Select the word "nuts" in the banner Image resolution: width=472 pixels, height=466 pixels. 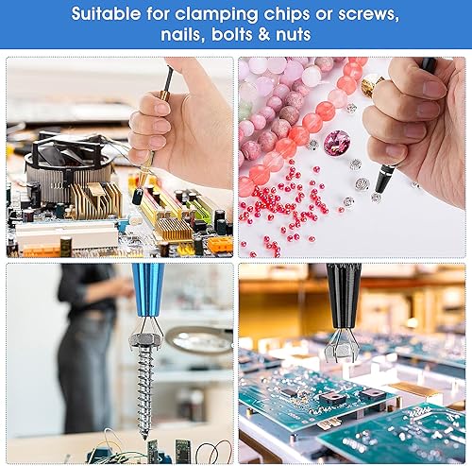coord(294,34)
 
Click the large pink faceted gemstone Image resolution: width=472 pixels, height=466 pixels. coord(337,143)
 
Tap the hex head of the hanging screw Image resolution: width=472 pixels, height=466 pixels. coord(146,340)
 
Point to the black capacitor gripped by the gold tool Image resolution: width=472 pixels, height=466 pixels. coord(137,196)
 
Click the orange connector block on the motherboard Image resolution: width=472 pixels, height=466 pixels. coord(220,244)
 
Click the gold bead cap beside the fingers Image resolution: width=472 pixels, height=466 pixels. coord(371,84)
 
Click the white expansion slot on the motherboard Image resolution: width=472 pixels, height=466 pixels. coord(67,233)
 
